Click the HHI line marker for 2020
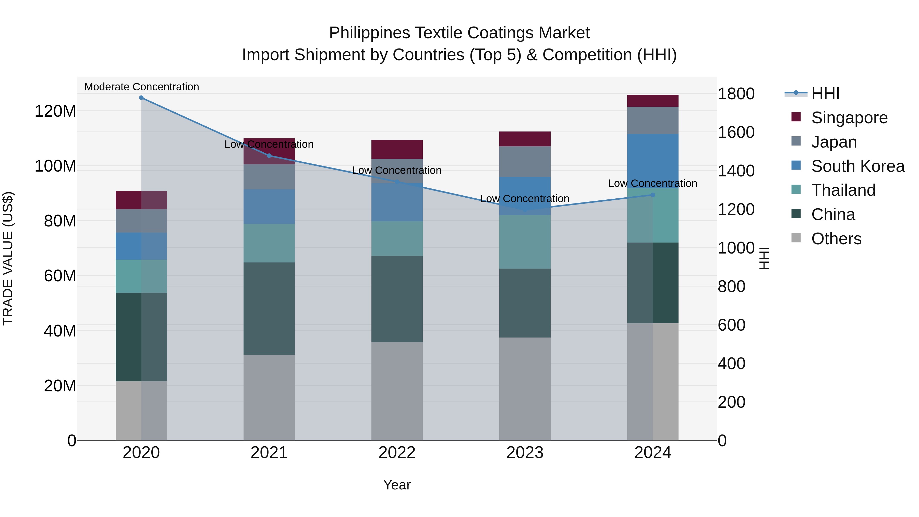pos(141,98)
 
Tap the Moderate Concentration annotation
pos(142,87)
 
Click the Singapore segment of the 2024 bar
pos(653,101)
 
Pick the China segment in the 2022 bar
pos(397,299)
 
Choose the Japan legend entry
pos(834,142)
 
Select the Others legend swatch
pos(796,238)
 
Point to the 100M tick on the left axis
pos(55,166)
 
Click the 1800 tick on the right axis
pos(736,94)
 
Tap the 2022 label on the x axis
pos(397,453)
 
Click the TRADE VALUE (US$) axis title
pos(8,258)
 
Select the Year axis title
pos(397,485)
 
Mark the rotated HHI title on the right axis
pos(764,258)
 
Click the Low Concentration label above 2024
pos(652,183)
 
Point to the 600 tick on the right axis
pos(731,325)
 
